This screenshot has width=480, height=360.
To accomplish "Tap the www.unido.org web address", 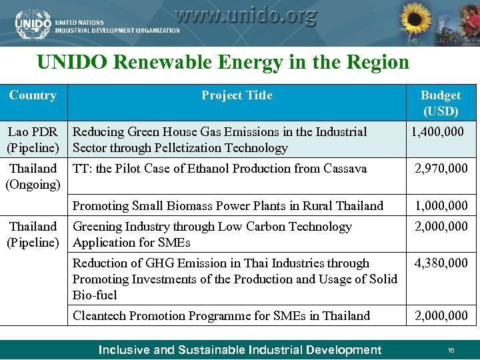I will coord(245,15).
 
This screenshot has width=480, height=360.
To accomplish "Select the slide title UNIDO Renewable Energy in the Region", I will coord(223,63).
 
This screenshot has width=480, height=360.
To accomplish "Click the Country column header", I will coord(33,95).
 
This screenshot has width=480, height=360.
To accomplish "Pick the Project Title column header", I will coord(237,95).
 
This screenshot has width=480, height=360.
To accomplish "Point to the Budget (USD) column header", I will coord(440,103).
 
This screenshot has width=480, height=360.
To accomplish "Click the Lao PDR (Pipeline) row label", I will coord(33,140).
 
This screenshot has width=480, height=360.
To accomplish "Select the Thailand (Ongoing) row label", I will coord(33,176).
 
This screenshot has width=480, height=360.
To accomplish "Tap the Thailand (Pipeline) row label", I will coord(33,234).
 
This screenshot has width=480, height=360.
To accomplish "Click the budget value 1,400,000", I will coord(437,132).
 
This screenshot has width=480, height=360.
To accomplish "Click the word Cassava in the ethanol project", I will coord(345,169).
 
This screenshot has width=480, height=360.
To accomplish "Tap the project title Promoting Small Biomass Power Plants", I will coord(227,206).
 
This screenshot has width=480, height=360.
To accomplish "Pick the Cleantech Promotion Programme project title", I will coord(221,315).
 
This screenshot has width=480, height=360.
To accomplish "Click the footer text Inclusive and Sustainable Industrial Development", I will coord(240,350).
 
